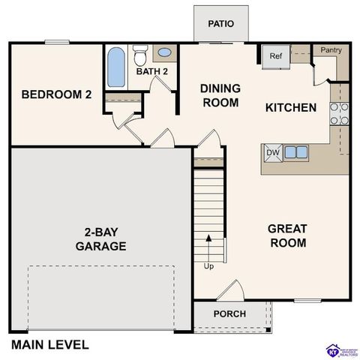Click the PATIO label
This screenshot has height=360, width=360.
(x=220, y=23)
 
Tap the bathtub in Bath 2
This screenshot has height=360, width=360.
(x=116, y=68)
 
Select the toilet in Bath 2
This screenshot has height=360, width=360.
(x=139, y=57)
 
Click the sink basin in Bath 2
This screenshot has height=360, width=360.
(x=164, y=53)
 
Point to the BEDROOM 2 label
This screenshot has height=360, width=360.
(x=56, y=94)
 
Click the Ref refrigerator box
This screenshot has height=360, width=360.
(x=275, y=56)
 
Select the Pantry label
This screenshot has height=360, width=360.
(x=331, y=50)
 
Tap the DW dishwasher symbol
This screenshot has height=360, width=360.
(x=272, y=153)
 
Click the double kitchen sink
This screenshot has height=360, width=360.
(x=295, y=152)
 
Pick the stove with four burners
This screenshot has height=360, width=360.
(x=339, y=112)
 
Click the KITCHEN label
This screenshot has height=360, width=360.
(x=291, y=107)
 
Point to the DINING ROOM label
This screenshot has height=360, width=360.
(x=220, y=95)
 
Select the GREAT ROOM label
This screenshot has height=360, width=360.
(x=287, y=235)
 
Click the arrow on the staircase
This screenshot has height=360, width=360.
(x=208, y=247)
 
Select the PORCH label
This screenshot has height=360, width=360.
(x=229, y=313)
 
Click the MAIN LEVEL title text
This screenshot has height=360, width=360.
(x=50, y=345)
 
